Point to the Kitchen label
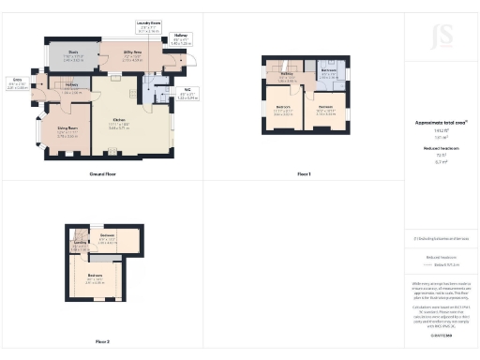coord(121,122)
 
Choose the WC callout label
coord(187,90)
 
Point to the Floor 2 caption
coord(102,340)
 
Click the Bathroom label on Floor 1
coord(328,70)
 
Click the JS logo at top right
coord(441,37)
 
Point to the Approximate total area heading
coord(440,123)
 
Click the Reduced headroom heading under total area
coord(440,147)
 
